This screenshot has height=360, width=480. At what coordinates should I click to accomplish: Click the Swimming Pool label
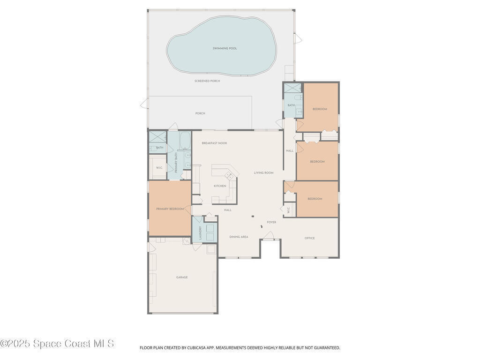(225, 48)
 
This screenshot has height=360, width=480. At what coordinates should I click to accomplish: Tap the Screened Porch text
(207, 81)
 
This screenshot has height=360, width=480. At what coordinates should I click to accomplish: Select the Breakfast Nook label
(214, 143)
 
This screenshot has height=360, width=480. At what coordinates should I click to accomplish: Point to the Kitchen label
(220, 186)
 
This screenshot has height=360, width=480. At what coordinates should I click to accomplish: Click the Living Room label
(263, 173)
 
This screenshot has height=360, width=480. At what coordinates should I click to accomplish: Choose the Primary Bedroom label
(170, 209)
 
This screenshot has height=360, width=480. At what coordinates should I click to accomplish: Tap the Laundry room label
(201, 233)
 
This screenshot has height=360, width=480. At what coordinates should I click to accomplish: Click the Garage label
(182, 277)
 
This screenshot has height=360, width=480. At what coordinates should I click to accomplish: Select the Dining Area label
(239, 237)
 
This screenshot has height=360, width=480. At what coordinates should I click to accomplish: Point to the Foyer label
(271, 222)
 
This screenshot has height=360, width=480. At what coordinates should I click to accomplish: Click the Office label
(309, 238)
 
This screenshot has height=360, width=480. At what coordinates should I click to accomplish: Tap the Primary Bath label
(176, 163)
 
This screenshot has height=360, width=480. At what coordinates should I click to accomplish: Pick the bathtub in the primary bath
(185, 140)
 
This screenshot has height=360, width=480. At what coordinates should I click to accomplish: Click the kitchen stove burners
(229, 175)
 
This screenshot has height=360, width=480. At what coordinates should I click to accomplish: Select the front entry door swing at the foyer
(269, 235)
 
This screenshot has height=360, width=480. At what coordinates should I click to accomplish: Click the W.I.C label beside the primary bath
(159, 168)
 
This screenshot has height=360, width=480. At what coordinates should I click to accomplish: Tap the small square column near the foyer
(253, 217)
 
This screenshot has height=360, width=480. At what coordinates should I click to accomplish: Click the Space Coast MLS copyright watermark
(57, 344)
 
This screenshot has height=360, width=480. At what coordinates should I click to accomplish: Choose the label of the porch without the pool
(200, 113)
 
